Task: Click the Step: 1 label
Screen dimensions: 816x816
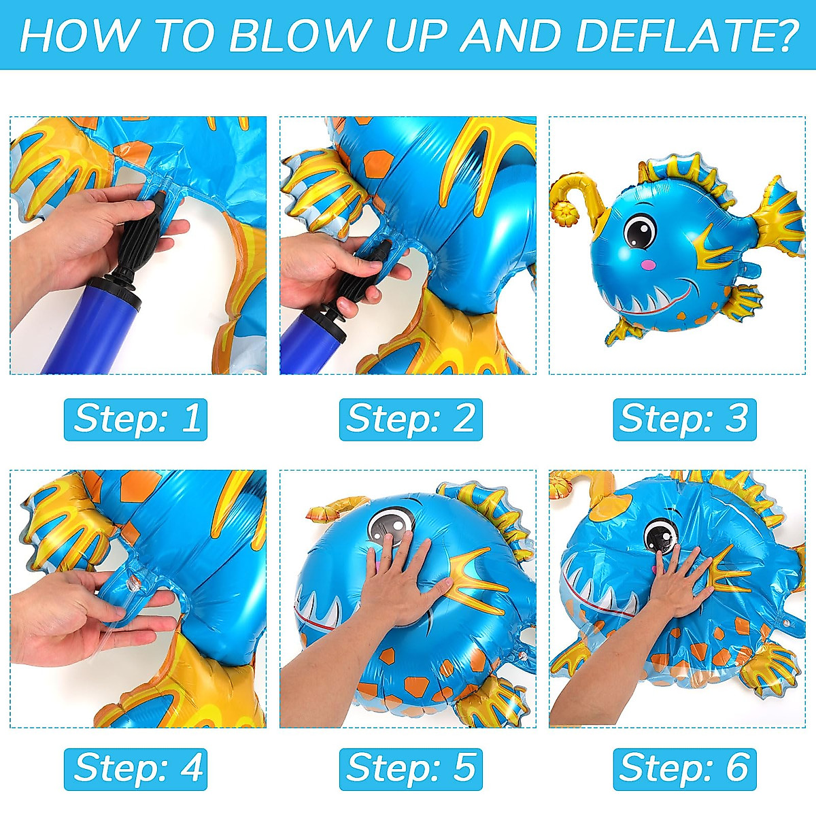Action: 136,419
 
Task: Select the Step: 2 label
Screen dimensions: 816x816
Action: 411,419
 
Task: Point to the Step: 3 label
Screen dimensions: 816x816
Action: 684,419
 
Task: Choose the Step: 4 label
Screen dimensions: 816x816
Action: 136,768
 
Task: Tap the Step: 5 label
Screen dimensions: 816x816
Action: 411,768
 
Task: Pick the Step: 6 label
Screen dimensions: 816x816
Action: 684,768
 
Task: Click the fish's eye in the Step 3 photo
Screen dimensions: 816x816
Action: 640,231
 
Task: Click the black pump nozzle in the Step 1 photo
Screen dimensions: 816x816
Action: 139,238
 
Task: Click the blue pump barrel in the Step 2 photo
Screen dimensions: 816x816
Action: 306,343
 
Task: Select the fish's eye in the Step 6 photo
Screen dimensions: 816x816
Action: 660,536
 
